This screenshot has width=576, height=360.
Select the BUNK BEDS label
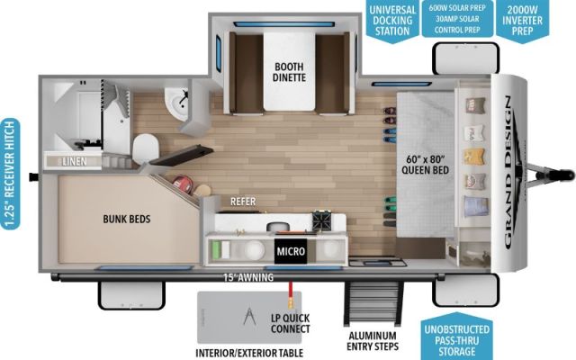[x=126, y=219]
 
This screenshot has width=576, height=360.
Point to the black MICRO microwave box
[x=291, y=251]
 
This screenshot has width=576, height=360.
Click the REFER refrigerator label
[x=244, y=202]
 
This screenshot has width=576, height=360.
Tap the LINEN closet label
[x=75, y=161]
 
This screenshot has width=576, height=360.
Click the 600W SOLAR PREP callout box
[x=457, y=19]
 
